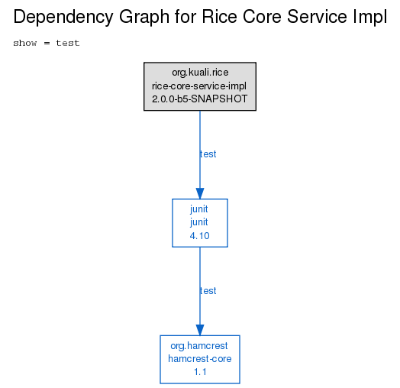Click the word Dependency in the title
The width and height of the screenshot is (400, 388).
[x=63, y=18]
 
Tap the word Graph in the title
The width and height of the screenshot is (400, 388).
[x=144, y=18]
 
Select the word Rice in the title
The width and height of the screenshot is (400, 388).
[x=219, y=17]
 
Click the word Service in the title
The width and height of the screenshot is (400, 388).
[x=317, y=17]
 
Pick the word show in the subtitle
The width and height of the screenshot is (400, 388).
[x=25, y=43]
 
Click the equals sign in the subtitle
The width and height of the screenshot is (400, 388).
[x=47, y=43]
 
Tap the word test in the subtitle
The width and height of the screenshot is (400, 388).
[x=68, y=43]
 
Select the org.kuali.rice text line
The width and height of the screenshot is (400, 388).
[x=200, y=73]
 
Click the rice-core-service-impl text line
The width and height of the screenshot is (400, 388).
[x=199, y=86]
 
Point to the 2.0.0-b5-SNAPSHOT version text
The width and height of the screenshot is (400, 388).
[x=200, y=99]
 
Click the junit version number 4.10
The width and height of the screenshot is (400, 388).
[x=199, y=236]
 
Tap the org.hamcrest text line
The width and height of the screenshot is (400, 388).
[x=199, y=346]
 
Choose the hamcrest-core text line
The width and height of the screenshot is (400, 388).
[x=200, y=359]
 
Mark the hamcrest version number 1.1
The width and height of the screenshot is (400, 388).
[x=200, y=372]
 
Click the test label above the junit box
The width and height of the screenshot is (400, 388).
[x=208, y=154]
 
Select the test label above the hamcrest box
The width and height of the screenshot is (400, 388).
[x=208, y=291]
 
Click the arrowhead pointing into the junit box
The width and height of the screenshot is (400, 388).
[x=200, y=193]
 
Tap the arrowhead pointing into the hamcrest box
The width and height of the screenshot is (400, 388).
[x=200, y=330]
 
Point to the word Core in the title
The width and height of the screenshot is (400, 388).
[x=263, y=17]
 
